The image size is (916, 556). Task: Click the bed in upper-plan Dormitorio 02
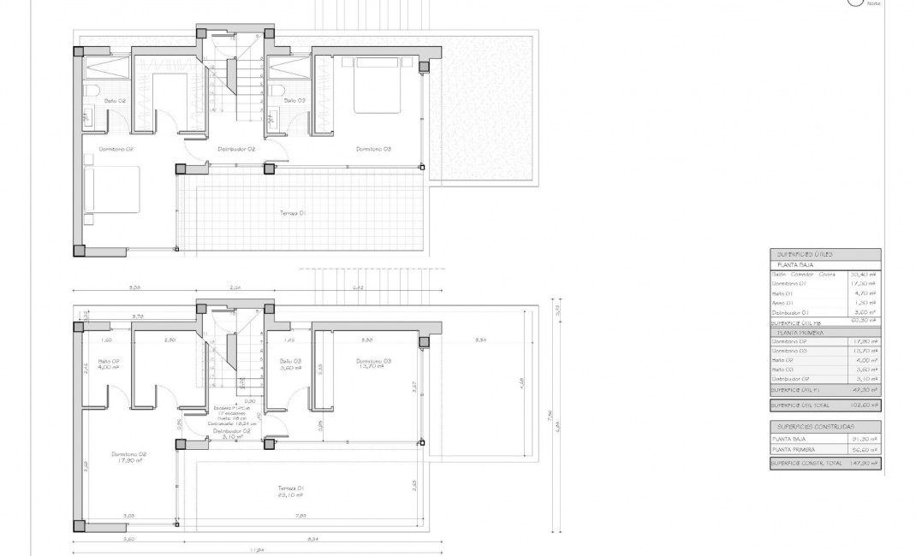tap(111, 189)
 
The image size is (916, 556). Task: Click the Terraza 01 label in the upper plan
tap(293, 213)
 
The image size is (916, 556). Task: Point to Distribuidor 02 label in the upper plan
tap(237, 149)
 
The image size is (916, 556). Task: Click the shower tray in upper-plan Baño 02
tap(107, 68)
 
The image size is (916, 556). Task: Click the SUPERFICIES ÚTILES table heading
tap(804, 255)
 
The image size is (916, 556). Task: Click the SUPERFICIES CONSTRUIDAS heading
tap(815, 426)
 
